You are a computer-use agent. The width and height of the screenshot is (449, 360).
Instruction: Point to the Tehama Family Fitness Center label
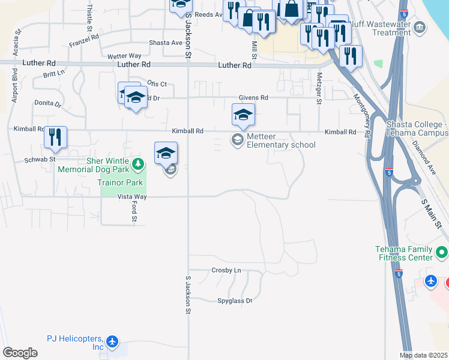click(403, 253)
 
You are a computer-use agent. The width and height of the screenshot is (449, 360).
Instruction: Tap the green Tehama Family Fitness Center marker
click(442, 251)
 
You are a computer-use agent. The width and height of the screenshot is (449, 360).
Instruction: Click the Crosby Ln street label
click(226, 270)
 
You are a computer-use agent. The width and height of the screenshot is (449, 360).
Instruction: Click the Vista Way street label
click(131, 196)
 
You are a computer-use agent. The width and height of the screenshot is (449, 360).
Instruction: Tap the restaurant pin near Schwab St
click(55, 138)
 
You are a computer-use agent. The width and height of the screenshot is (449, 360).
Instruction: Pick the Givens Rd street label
click(253, 97)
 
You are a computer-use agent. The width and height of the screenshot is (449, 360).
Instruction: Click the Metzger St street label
click(319, 88)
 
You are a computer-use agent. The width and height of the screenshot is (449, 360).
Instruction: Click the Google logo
click(20, 353)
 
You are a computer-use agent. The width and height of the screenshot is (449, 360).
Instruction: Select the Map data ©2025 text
click(423, 355)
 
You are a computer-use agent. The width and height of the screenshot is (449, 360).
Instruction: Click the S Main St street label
click(431, 214)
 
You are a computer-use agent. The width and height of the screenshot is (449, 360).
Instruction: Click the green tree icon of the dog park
click(138, 164)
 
